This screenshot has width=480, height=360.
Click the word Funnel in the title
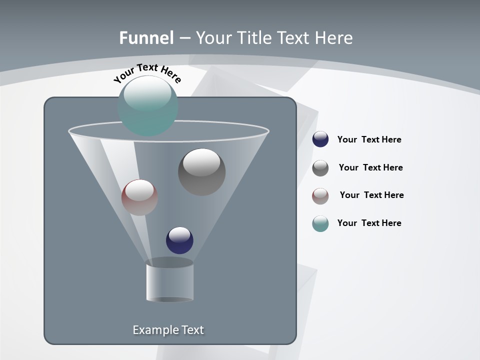click(x=146, y=38)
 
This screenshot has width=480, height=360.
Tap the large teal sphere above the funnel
click(x=147, y=105)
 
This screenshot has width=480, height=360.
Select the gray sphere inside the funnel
click(x=201, y=172)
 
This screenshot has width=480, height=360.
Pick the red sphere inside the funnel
click(x=139, y=197)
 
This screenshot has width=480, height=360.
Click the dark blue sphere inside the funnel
click(x=179, y=240)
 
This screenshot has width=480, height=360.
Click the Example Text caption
click(x=168, y=330)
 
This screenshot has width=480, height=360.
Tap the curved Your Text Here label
click(x=147, y=73)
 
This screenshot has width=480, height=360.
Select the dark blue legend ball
click(x=320, y=139)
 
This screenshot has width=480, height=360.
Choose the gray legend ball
click(x=320, y=168)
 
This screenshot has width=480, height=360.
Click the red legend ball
click(x=320, y=195)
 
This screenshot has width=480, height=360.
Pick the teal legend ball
click(x=320, y=223)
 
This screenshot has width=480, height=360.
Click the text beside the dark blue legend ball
click(x=369, y=139)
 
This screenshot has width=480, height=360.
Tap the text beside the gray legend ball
click(x=370, y=167)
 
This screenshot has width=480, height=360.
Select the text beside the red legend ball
click(x=371, y=195)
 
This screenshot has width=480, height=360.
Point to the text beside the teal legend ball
click(x=369, y=223)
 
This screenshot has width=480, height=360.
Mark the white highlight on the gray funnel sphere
click(x=201, y=162)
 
